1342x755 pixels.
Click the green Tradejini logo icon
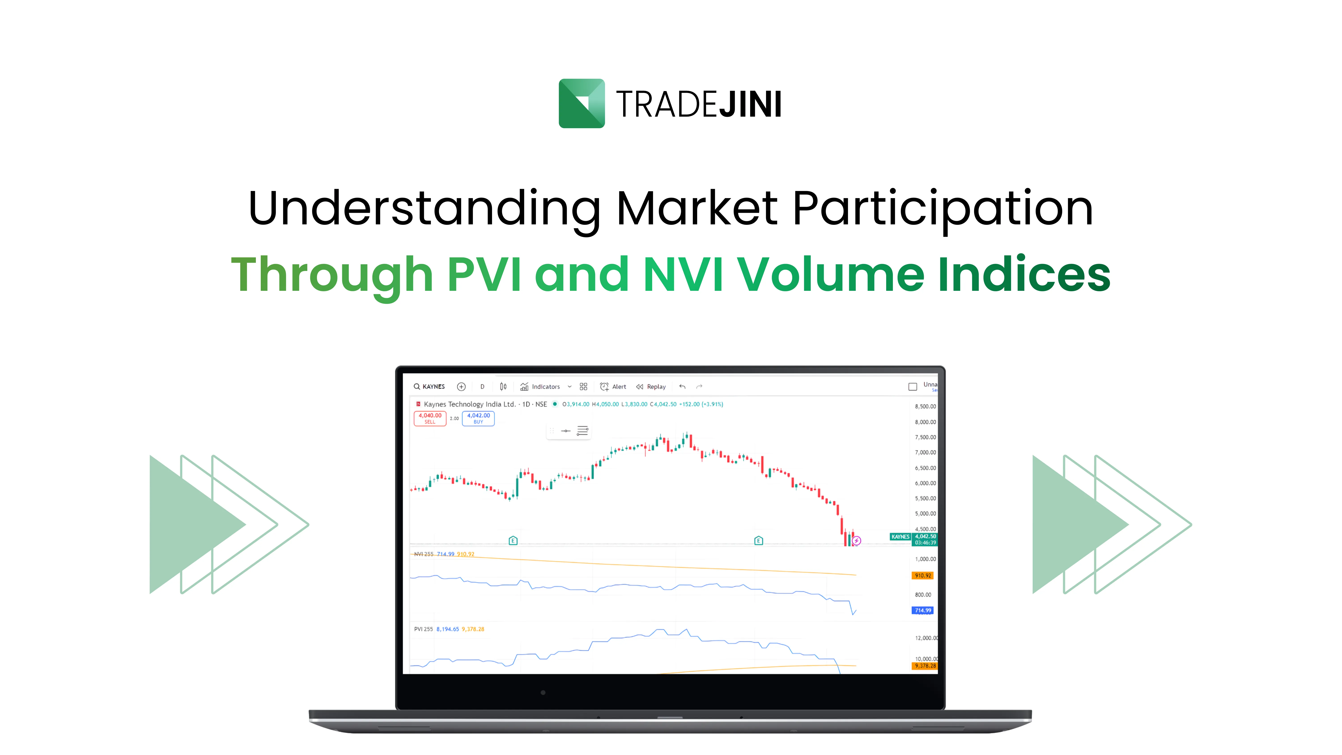581,103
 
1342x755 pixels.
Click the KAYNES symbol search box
430,387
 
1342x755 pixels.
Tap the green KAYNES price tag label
900,537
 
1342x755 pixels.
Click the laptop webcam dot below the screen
543,692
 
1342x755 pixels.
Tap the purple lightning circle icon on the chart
856,541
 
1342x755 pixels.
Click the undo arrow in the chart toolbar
682,387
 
